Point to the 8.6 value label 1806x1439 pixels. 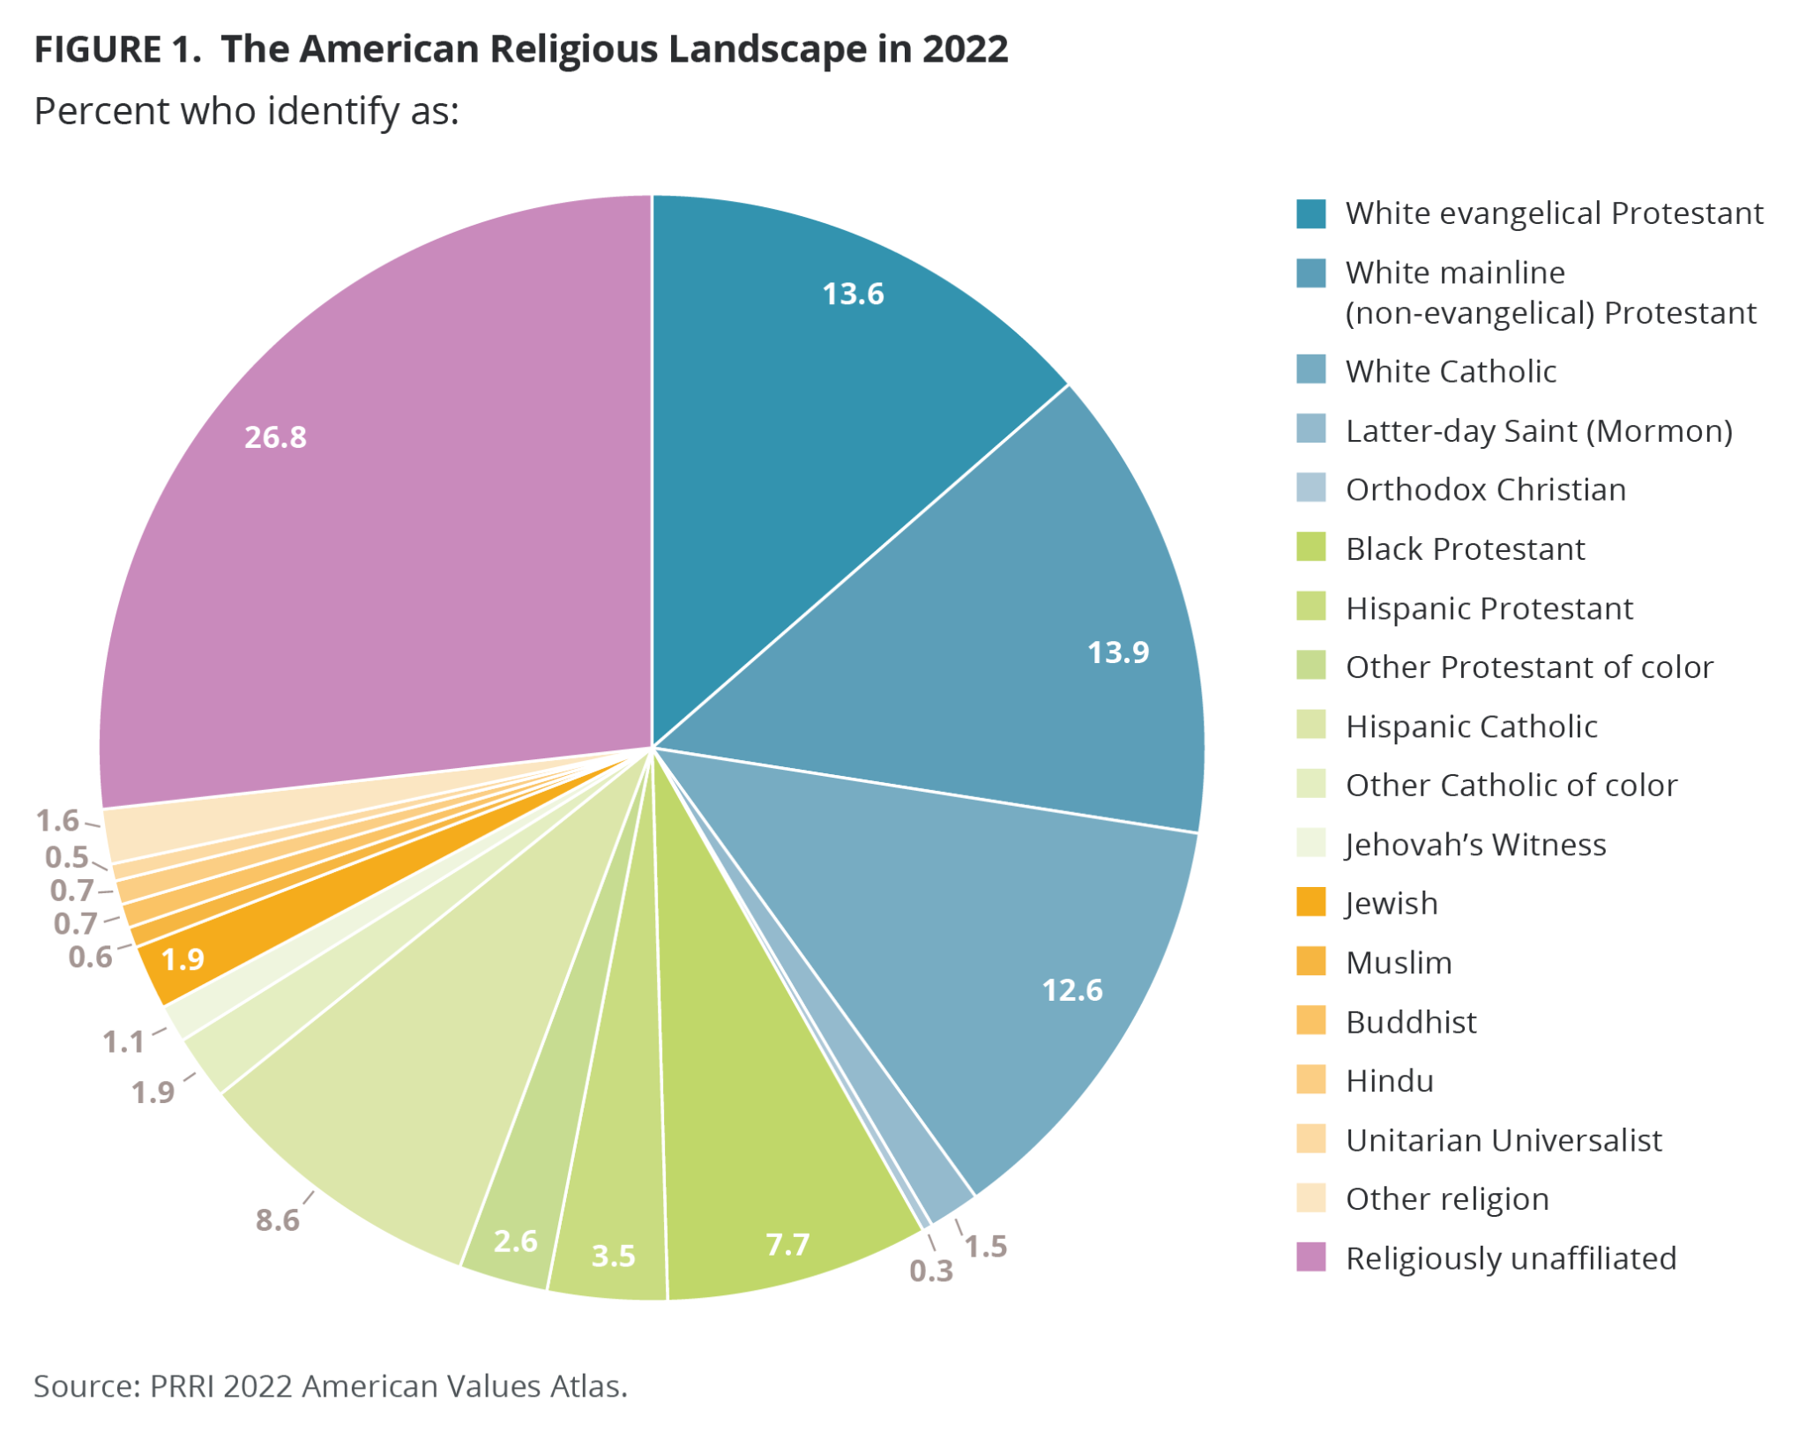[x=277, y=1220]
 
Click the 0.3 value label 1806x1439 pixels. [x=931, y=1271]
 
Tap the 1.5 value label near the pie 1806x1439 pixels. [x=985, y=1246]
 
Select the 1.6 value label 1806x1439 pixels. [x=57, y=821]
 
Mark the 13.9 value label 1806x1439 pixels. [x=1117, y=652]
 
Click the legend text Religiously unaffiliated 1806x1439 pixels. [x=1510, y=1258]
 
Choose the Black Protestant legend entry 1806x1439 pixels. [x=1465, y=548]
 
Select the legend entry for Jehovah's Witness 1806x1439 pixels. [x=1474, y=844]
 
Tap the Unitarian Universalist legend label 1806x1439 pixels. [x=1503, y=1140]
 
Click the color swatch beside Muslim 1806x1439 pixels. [x=1310, y=961]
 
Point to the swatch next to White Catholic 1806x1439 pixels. [x=1310, y=369]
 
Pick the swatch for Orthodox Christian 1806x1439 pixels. [x=1310, y=488]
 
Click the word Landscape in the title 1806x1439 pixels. [x=766, y=48]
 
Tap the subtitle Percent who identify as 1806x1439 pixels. [x=246, y=112]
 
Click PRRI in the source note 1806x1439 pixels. [x=182, y=1385]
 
